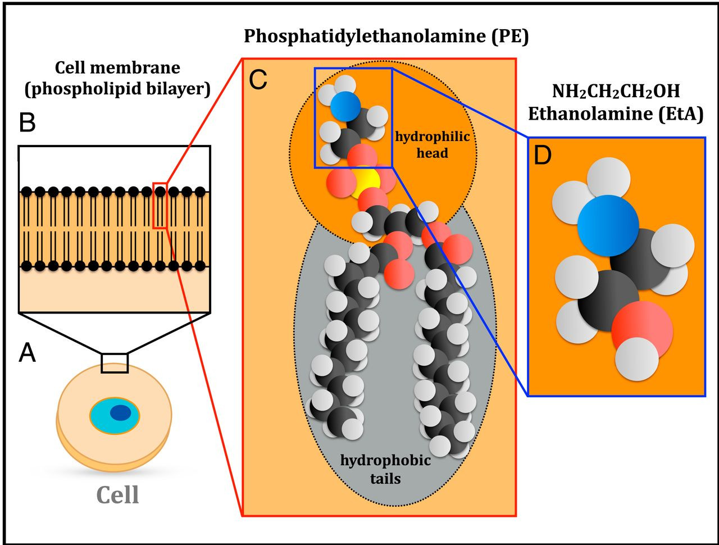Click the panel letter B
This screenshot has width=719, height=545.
pos(28,122)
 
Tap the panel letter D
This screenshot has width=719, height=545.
pos(543,157)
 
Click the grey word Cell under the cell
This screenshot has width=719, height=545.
pos(117,495)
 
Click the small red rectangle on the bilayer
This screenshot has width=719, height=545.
pos(160,205)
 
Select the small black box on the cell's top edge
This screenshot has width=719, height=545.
pos(115,363)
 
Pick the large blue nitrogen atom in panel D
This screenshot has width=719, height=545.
pos(608,226)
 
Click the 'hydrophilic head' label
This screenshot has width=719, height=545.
pos(432,144)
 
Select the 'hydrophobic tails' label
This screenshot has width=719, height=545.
pos(385,469)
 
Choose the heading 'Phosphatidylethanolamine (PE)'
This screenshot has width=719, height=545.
pos(386,37)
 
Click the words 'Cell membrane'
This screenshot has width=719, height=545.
pos(117,68)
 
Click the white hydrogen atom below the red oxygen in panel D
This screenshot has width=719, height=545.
pos(636,358)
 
